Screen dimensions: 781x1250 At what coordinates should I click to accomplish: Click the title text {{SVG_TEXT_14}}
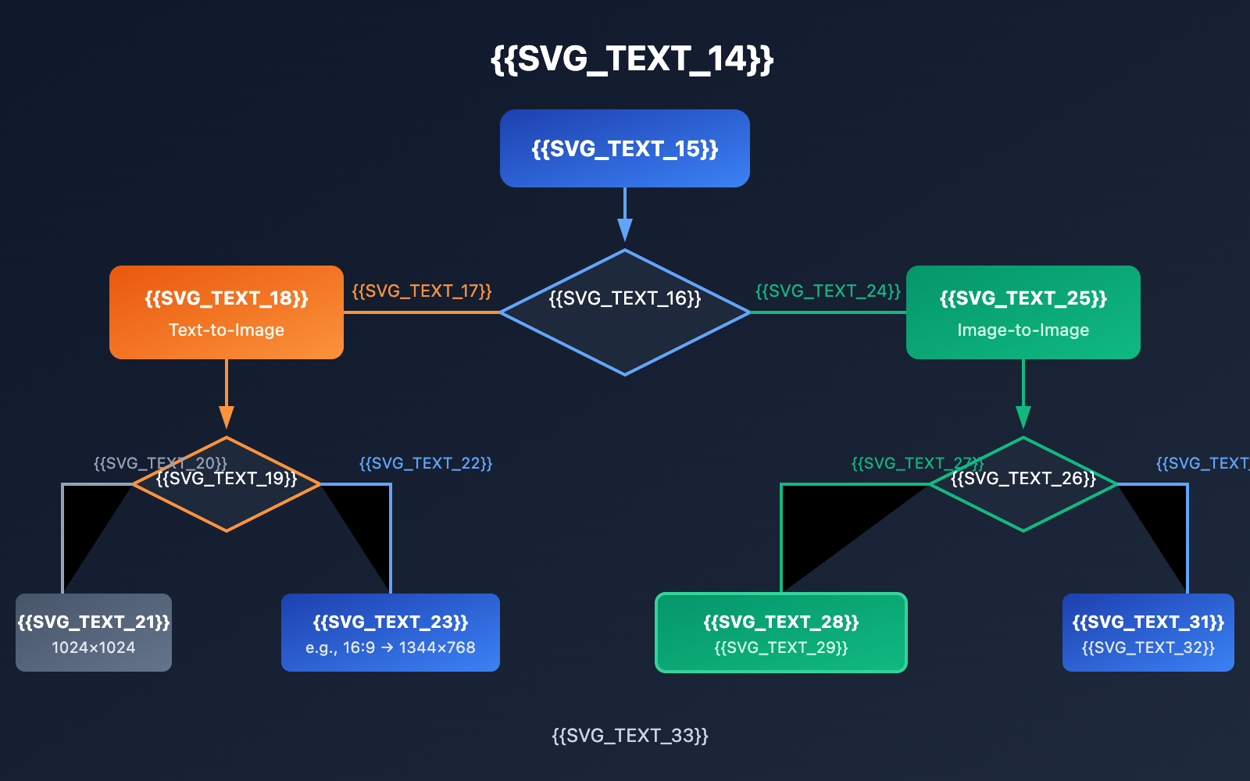pyautogui.click(x=631, y=59)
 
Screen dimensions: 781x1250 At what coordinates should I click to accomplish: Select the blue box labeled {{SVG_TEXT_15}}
pyautogui.click(x=625, y=148)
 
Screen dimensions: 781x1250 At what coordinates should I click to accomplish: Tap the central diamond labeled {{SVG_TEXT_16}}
pyautogui.click(x=625, y=328)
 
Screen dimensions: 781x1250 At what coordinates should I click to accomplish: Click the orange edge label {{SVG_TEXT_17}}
pyautogui.click(x=421, y=291)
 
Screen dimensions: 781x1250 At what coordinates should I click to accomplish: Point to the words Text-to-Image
pyautogui.click(x=227, y=330)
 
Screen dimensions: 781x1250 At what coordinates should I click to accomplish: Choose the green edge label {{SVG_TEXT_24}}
pyautogui.click(x=827, y=291)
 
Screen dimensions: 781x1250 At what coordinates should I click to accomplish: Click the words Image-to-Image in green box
pyautogui.click(x=1023, y=330)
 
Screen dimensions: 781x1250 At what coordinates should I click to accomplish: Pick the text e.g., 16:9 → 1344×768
pyautogui.click(x=390, y=647)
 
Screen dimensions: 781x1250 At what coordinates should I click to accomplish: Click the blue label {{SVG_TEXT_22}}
pyautogui.click(x=426, y=463)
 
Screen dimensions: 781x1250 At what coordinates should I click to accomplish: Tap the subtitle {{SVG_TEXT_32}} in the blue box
pyautogui.click(x=1148, y=647)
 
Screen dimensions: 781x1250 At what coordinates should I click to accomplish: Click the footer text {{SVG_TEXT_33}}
pyautogui.click(x=630, y=736)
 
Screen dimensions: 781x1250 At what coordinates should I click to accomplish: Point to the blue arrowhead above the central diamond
pyautogui.click(x=625, y=229)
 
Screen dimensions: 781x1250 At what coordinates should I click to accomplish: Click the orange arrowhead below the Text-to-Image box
pyautogui.click(x=227, y=416)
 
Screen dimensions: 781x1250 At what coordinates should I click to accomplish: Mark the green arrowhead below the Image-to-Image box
pyautogui.click(x=1023, y=416)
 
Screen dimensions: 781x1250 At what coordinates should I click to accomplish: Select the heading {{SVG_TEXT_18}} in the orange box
pyautogui.click(x=227, y=298)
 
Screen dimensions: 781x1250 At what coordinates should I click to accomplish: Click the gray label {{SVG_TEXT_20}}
pyautogui.click(x=125, y=463)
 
